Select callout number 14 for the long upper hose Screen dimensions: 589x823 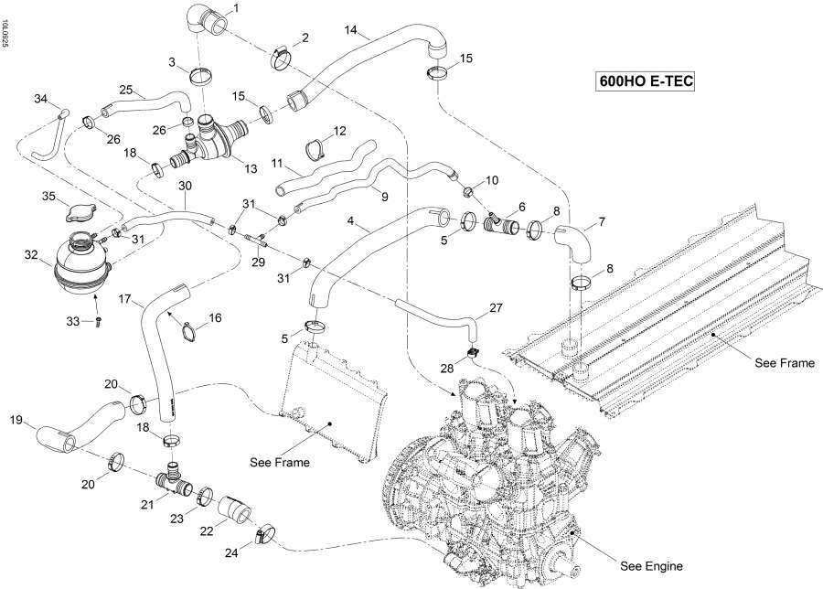coord(350,30)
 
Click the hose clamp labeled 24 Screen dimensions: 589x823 coord(264,531)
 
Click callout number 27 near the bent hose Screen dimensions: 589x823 coord(495,308)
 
